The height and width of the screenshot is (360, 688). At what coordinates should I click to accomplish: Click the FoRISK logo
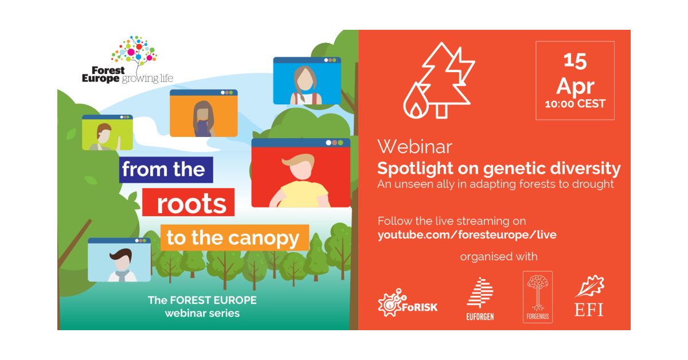[408, 303]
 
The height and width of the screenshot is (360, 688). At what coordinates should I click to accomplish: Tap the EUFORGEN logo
[480, 299]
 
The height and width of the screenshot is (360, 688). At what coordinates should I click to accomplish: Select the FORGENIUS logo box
[538, 297]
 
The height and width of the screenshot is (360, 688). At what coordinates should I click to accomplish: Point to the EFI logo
[589, 295]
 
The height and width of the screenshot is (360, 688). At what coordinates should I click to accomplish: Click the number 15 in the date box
[575, 61]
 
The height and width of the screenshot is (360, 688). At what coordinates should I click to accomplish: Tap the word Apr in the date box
[575, 86]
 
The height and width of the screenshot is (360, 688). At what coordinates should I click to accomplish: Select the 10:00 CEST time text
[575, 104]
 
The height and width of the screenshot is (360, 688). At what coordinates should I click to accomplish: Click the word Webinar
[415, 147]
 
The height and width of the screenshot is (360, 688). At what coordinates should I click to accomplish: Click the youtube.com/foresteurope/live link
[467, 235]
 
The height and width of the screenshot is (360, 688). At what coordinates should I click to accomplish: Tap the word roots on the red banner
[191, 204]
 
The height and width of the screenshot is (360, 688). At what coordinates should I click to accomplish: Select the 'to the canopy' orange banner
[234, 238]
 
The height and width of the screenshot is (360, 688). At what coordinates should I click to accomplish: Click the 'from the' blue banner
[166, 170]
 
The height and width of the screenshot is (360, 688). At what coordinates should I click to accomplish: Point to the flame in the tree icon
[416, 101]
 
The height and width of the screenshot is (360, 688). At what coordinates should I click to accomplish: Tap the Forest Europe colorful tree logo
[134, 52]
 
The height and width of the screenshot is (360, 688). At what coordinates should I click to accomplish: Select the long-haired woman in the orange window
[204, 119]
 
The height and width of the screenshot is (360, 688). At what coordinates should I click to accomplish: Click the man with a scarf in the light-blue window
[122, 265]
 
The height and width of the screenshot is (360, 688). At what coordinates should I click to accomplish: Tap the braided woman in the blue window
[305, 85]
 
